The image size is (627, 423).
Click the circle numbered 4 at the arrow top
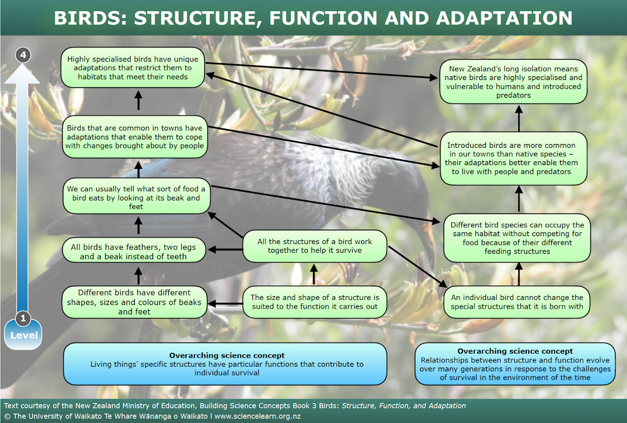(22, 54)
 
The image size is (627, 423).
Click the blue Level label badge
(23, 335)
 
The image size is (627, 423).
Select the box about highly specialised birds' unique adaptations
(133, 68)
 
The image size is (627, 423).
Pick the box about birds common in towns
(135, 137)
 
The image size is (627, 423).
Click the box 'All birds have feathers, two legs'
(133, 252)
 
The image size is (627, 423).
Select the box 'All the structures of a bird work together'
(315, 246)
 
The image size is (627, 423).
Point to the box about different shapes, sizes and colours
(134, 302)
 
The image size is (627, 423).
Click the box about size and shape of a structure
(315, 302)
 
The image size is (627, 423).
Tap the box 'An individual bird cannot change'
(517, 302)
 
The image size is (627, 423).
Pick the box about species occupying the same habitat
(517, 238)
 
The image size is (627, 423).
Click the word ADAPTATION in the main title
(504, 18)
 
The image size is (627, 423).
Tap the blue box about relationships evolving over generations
(515, 364)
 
